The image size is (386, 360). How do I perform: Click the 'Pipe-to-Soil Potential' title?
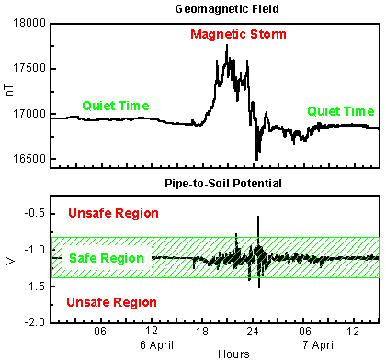point(214,183)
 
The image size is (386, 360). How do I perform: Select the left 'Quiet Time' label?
point(115,106)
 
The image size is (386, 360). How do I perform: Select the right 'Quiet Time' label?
point(339,110)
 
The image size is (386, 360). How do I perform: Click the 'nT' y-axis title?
point(8,92)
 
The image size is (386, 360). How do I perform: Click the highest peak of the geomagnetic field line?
point(226,45)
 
